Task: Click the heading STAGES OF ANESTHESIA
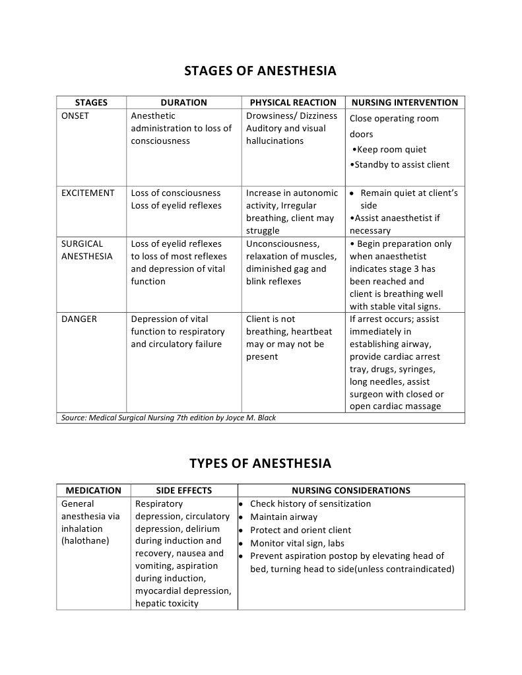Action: click(260, 71)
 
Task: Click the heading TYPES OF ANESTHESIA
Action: click(260, 463)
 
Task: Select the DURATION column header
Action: click(183, 103)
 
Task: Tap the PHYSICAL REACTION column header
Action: click(293, 103)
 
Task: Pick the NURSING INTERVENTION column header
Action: click(405, 103)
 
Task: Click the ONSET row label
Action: click(75, 116)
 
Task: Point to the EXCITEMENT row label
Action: click(88, 193)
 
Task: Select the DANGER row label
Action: click(79, 319)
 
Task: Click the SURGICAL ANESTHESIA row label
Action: click(87, 250)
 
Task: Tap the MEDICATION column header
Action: click(93, 491)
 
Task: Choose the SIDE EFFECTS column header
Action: click(183, 491)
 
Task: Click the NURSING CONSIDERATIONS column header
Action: click(350, 491)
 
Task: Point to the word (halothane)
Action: click(85, 541)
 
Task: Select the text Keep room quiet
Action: click(391, 150)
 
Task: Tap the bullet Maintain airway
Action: click(284, 517)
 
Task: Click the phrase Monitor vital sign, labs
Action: click(297, 544)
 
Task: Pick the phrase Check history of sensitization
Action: click(310, 504)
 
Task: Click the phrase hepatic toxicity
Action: click(166, 604)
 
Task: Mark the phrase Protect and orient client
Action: click(300, 530)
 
